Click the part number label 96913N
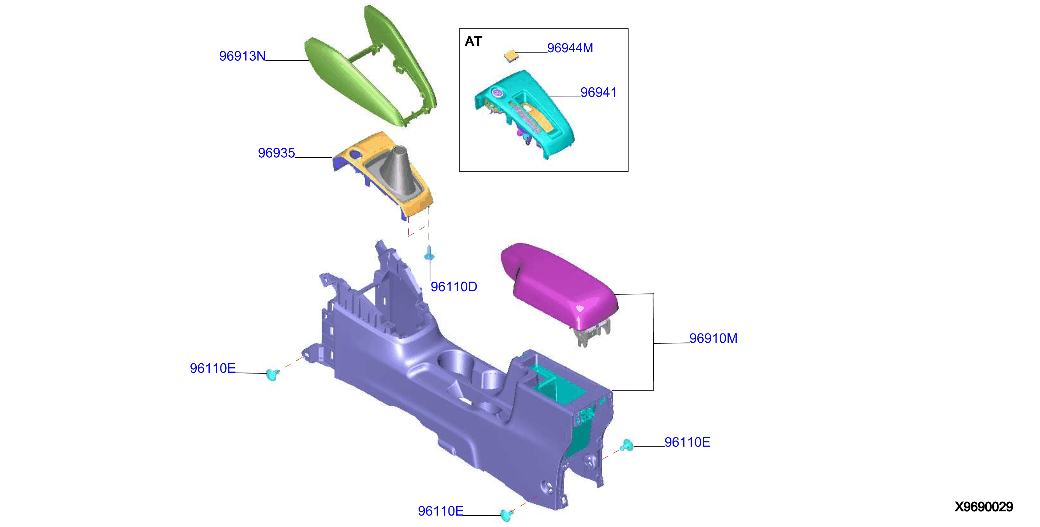click(242, 56)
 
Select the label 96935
click(277, 153)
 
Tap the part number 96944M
click(570, 48)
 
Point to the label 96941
click(598, 92)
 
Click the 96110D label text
click(454, 286)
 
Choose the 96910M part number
click(713, 338)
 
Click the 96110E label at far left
click(212, 368)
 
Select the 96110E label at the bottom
click(441, 511)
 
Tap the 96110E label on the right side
click(687, 442)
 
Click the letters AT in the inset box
click(473, 41)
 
